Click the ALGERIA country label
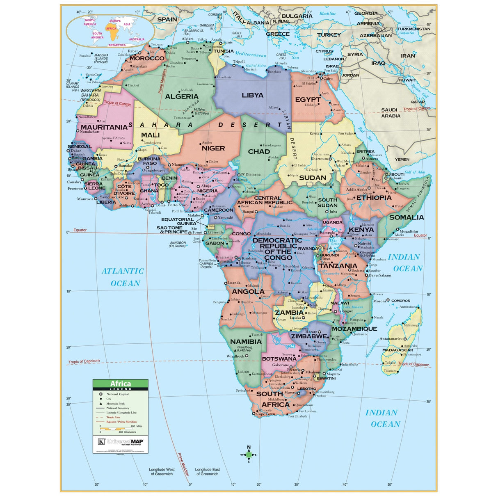pyautogui.click(x=182, y=97)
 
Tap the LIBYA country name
pyautogui.click(x=252, y=95)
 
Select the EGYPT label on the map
pyautogui.click(x=308, y=100)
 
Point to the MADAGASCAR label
pyautogui.click(x=397, y=350)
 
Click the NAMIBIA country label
pyautogui.click(x=246, y=341)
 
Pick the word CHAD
pyautogui.click(x=259, y=151)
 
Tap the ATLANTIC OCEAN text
pyautogui.click(x=123, y=277)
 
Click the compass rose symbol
pyautogui.click(x=249, y=454)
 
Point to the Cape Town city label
pyautogui.click(x=266, y=414)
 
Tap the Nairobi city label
pyautogui.click(x=364, y=244)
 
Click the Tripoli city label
pyautogui.click(x=239, y=62)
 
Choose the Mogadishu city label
pyautogui.click(x=409, y=231)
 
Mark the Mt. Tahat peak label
pyautogui.click(x=201, y=111)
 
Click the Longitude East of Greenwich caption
pyautogui.click(x=207, y=472)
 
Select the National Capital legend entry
pyautogui.click(x=117, y=394)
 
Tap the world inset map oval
pyautogui.click(x=110, y=30)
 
